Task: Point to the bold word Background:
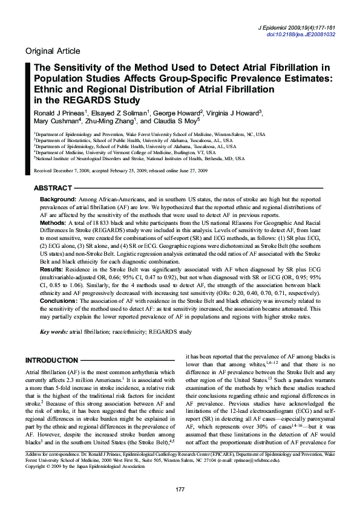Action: coord(57,199)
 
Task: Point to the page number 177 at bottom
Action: coord(180,488)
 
